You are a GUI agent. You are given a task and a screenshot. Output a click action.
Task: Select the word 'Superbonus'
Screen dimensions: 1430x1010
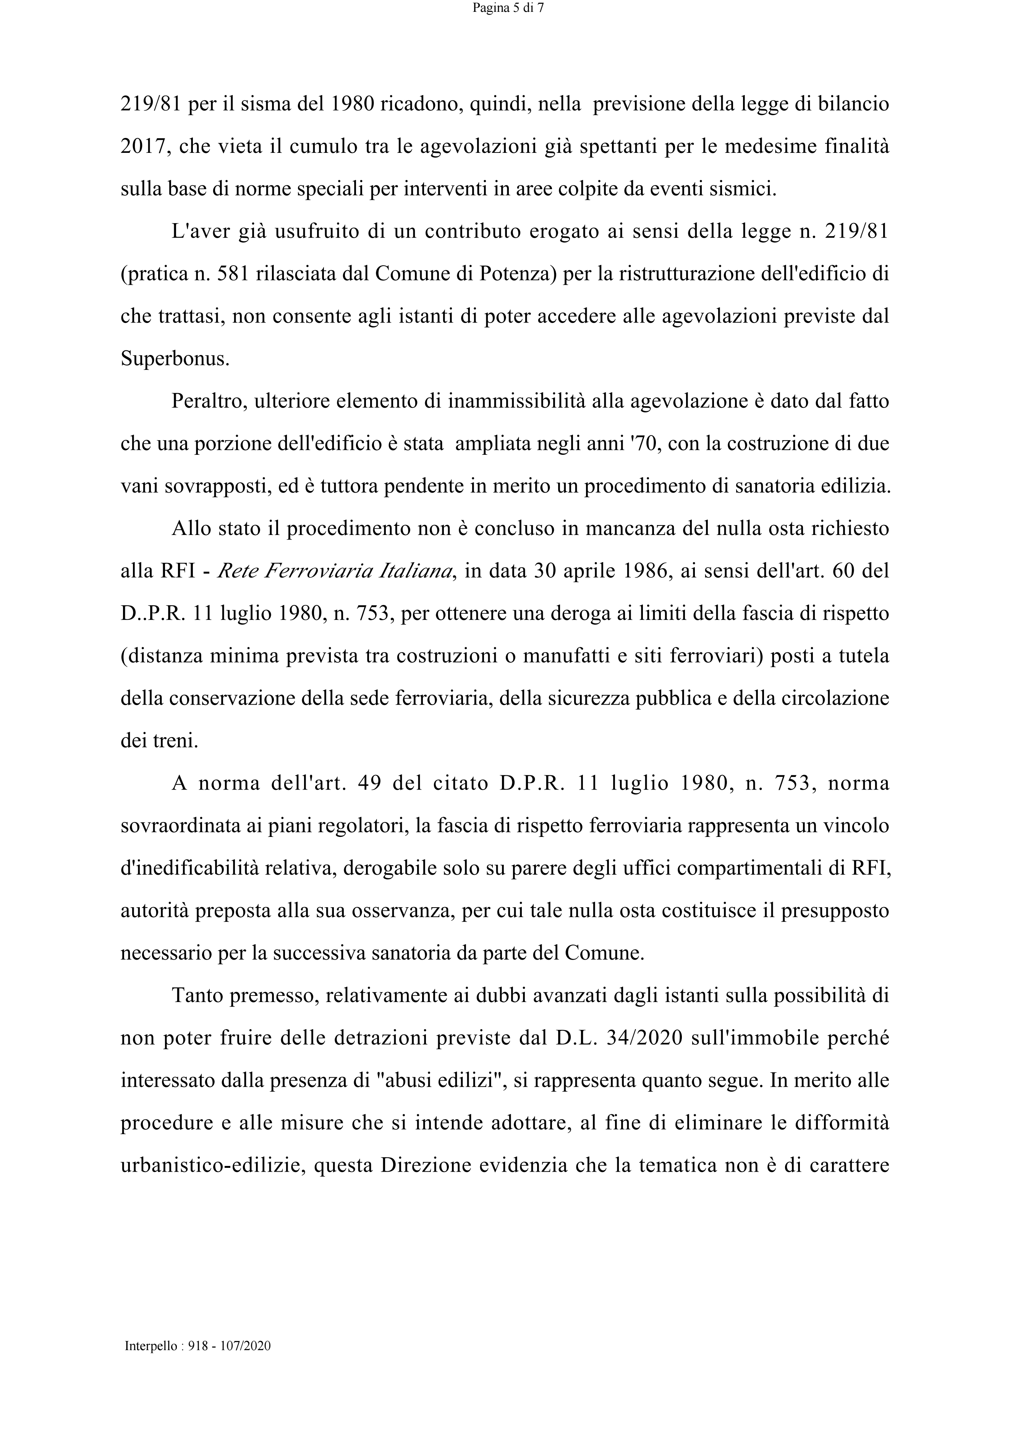174,359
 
